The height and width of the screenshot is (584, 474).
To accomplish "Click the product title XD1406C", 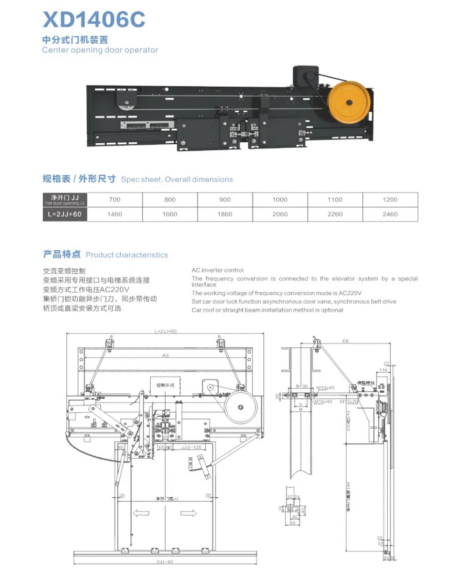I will point(94,20).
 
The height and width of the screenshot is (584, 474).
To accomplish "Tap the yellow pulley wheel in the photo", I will point(349,102).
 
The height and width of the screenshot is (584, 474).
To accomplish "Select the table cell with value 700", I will point(114,199).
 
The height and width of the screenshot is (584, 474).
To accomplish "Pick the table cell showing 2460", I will point(390,214).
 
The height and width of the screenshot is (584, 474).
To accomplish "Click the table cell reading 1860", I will point(225,214).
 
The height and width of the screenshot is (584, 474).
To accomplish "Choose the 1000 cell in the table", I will point(280,199).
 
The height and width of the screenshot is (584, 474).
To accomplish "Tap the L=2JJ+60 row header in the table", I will point(65,214).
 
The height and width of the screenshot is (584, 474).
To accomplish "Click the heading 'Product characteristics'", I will point(127,255).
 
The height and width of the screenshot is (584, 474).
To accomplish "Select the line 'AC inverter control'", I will point(218,270).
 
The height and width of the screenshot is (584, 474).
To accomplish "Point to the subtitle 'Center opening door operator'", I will point(100,50).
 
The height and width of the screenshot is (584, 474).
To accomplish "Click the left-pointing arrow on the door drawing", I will point(141,513).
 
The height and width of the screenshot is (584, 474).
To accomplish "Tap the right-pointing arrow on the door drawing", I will point(188,513).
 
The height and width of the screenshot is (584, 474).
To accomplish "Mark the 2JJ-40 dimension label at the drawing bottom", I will point(164,561).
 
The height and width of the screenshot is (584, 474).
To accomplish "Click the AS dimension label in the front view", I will point(165,355).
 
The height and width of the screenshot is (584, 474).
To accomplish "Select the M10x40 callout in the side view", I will point(325,388).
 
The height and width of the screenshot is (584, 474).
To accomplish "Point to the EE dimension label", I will point(346,341).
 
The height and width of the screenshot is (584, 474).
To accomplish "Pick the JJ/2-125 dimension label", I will point(191,447).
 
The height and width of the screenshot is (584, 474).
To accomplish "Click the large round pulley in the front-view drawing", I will point(241,407).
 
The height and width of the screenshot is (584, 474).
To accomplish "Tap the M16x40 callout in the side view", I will point(323,402).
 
